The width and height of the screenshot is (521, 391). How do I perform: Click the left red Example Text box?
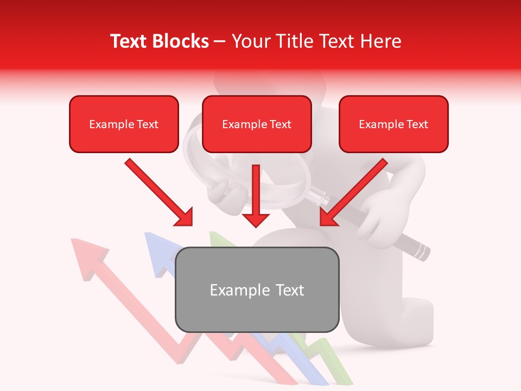tap(124, 124)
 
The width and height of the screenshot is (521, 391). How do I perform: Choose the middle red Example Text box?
tap(257, 124)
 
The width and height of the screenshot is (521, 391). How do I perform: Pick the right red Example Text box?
tap(393, 124)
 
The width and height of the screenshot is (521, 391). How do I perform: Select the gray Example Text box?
tap(257, 289)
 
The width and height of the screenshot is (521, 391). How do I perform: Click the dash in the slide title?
tap(220, 42)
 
